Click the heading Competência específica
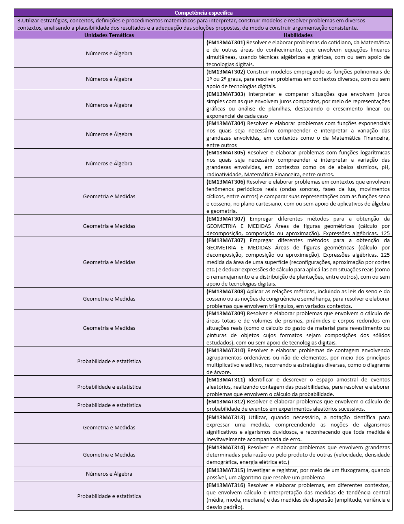tap(203, 13)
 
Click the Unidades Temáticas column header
tap(109, 35)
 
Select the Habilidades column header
tap(298, 35)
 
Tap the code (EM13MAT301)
tap(226, 42)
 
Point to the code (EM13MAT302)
tap(226, 71)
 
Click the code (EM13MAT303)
tap(226, 94)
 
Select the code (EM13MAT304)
tap(226, 123)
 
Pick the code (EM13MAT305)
tap(226, 152)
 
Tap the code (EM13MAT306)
tap(226, 182)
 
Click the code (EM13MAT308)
tap(226, 291)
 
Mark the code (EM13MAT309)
tap(226, 313)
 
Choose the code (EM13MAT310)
tap(226, 350)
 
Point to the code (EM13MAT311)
tap(226, 379)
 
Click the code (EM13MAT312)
tap(226, 401)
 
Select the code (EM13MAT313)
tap(226, 417)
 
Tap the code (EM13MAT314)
tap(226, 447)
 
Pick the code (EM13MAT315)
tap(226, 470)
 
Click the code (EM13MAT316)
tap(226, 485)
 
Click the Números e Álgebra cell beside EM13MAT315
tap(109, 474)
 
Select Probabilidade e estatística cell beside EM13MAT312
tap(109, 405)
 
